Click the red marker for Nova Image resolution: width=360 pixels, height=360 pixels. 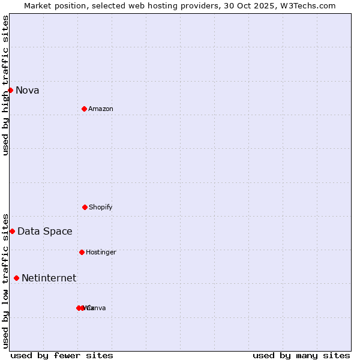(x=10, y=90)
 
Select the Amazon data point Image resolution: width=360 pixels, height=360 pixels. (x=84, y=109)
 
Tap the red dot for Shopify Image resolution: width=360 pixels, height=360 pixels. (x=85, y=207)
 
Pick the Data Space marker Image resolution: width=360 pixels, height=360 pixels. (x=12, y=231)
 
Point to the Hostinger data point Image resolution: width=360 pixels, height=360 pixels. (x=82, y=252)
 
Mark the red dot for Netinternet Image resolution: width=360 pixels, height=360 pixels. (x=16, y=278)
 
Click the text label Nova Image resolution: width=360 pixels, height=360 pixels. (x=28, y=91)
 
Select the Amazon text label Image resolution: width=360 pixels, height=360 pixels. (x=101, y=109)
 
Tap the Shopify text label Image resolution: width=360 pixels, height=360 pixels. (x=101, y=208)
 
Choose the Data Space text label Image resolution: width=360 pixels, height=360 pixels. (x=45, y=232)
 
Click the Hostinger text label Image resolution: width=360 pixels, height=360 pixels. (x=101, y=253)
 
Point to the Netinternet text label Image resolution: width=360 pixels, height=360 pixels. (x=49, y=278)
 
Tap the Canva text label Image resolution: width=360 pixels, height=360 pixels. (x=97, y=308)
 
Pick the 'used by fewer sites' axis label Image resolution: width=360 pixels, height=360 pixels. (x=62, y=356)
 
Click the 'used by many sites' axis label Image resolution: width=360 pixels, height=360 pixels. (x=301, y=356)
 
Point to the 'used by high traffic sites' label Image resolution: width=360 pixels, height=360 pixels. (x=6, y=85)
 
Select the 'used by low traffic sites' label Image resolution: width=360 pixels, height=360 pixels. (x=6, y=281)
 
